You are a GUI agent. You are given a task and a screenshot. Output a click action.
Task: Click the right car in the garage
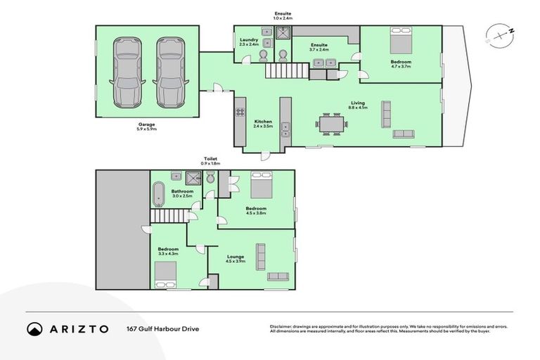click(169, 72)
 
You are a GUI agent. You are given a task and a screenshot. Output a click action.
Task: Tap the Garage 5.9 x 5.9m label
click(146, 127)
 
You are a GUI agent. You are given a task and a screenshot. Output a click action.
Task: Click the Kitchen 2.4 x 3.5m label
click(263, 124)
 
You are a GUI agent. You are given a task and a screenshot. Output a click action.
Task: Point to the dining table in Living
click(331, 124)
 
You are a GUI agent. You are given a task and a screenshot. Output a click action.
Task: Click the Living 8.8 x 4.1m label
click(359, 105)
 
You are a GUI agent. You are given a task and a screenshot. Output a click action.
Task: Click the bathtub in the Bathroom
click(157, 193)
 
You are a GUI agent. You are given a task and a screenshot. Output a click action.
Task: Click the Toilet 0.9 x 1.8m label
click(211, 161)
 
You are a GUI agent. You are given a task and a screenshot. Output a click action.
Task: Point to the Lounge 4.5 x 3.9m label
click(236, 259)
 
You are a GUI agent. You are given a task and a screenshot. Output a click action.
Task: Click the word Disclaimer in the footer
click(281, 326)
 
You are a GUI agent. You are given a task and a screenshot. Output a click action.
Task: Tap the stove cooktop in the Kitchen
click(240, 112)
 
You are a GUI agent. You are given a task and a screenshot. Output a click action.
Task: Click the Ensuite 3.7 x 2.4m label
click(319, 48)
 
